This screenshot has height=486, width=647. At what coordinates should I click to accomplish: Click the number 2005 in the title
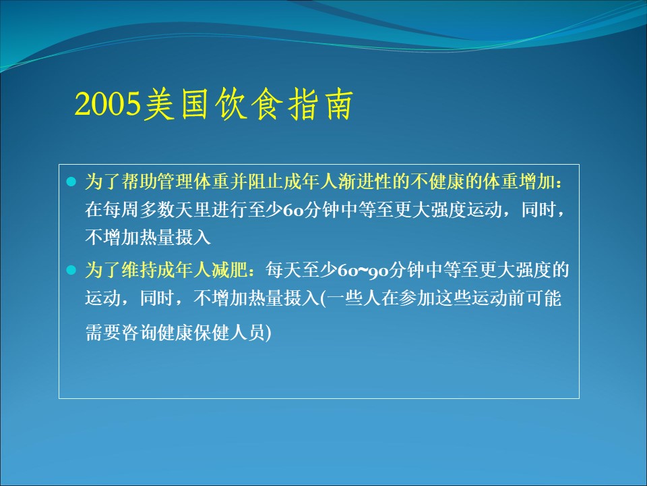[107, 104]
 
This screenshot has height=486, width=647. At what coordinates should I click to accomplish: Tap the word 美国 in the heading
[175, 104]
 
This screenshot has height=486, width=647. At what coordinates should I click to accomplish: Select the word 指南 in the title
[320, 104]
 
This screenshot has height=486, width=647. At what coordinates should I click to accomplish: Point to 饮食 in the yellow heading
[249, 104]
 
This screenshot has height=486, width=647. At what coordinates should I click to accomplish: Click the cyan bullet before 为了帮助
[71, 181]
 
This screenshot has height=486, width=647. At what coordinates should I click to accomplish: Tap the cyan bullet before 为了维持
[71, 270]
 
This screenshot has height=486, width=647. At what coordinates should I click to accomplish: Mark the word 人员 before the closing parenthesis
[247, 332]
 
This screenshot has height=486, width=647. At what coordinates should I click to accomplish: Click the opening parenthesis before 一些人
[323, 298]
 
